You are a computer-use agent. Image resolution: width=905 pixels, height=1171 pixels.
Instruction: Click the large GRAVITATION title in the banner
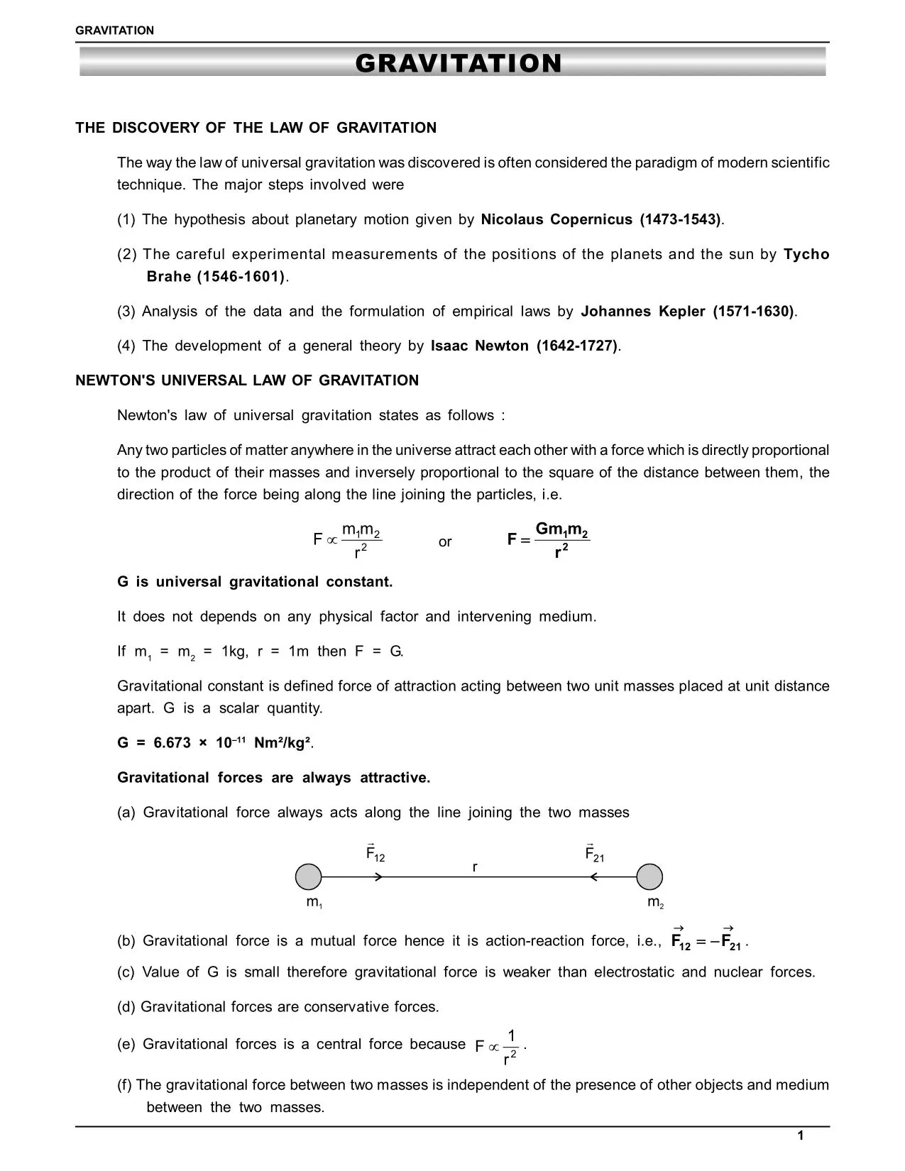458,64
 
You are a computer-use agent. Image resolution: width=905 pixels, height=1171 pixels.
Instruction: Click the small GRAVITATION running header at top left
114,31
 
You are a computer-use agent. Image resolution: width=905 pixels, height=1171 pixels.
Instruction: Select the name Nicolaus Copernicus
556,219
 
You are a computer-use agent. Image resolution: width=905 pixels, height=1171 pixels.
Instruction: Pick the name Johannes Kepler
642,312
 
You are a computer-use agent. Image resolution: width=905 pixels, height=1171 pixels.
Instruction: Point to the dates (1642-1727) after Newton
577,346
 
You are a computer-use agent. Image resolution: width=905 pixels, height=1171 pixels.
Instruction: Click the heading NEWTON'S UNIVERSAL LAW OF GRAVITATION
247,380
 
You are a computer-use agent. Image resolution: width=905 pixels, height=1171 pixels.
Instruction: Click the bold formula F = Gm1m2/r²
549,540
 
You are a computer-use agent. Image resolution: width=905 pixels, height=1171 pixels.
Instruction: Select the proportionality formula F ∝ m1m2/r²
348,541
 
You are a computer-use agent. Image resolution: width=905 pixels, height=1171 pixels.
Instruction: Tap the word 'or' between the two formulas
445,542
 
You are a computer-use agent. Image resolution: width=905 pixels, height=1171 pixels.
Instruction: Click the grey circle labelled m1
308,877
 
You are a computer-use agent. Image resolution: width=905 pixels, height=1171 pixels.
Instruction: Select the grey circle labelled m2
649,877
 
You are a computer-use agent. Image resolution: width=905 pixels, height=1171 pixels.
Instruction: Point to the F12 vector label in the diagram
375,854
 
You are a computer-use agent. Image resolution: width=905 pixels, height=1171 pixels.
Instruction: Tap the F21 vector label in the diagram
594,854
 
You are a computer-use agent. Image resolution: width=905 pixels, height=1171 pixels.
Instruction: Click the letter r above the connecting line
475,867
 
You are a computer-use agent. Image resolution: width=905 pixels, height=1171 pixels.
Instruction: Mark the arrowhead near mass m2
595,877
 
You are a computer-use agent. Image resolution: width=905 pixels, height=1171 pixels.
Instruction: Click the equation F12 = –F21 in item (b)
707,942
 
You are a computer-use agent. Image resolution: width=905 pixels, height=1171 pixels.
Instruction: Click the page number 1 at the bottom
801,1136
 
